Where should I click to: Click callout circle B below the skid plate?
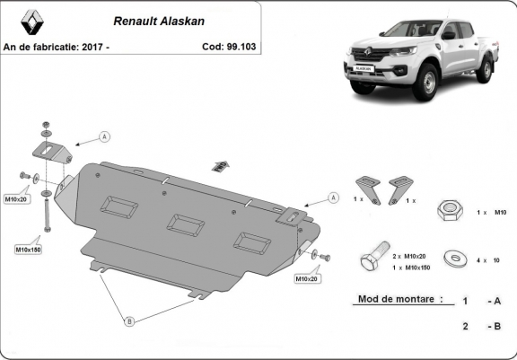pos(128,320)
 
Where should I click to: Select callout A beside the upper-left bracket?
pos(104,136)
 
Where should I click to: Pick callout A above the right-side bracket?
pos(333,197)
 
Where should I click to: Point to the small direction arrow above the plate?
pos(220,165)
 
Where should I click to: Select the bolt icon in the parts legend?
pos(372,261)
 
